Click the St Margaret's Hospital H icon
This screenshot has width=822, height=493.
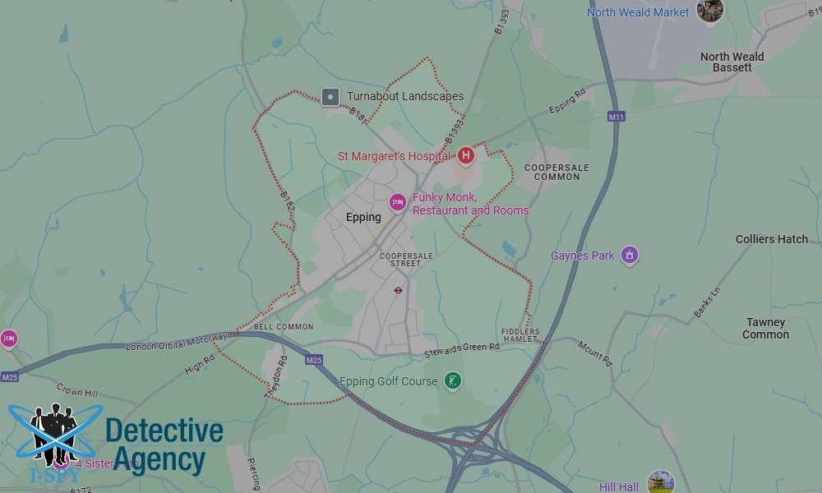pyautogui.click(x=465, y=154)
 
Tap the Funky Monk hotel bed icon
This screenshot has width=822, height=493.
pyautogui.click(x=398, y=202)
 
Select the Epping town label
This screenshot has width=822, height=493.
pyautogui.click(x=363, y=218)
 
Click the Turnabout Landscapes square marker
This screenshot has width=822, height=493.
pyautogui.click(x=330, y=97)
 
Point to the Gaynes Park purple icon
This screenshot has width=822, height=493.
pyautogui.click(x=630, y=256)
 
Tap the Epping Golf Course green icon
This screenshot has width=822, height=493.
pyautogui.click(x=452, y=381)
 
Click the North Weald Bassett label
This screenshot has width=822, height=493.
pyautogui.click(x=732, y=62)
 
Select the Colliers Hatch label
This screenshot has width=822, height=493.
pyautogui.click(x=771, y=239)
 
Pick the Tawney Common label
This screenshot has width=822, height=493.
pyautogui.click(x=765, y=329)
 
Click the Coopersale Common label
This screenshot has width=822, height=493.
pyautogui.click(x=556, y=172)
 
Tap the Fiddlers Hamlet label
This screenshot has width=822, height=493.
pyautogui.click(x=520, y=335)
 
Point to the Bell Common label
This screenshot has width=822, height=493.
pyautogui.click(x=284, y=327)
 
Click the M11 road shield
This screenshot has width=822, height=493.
pyautogui.click(x=616, y=117)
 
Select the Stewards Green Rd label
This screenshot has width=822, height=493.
pyautogui.click(x=461, y=348)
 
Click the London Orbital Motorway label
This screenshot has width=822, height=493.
pyautogui.click(x=176, y=343)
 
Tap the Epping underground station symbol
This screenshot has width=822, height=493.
pyautogui.click(x=398, y=290)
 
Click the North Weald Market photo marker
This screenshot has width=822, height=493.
pyautogui.click(x=709, y=11)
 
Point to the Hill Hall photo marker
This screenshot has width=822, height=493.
pyautogui.click(x=660, y=481)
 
